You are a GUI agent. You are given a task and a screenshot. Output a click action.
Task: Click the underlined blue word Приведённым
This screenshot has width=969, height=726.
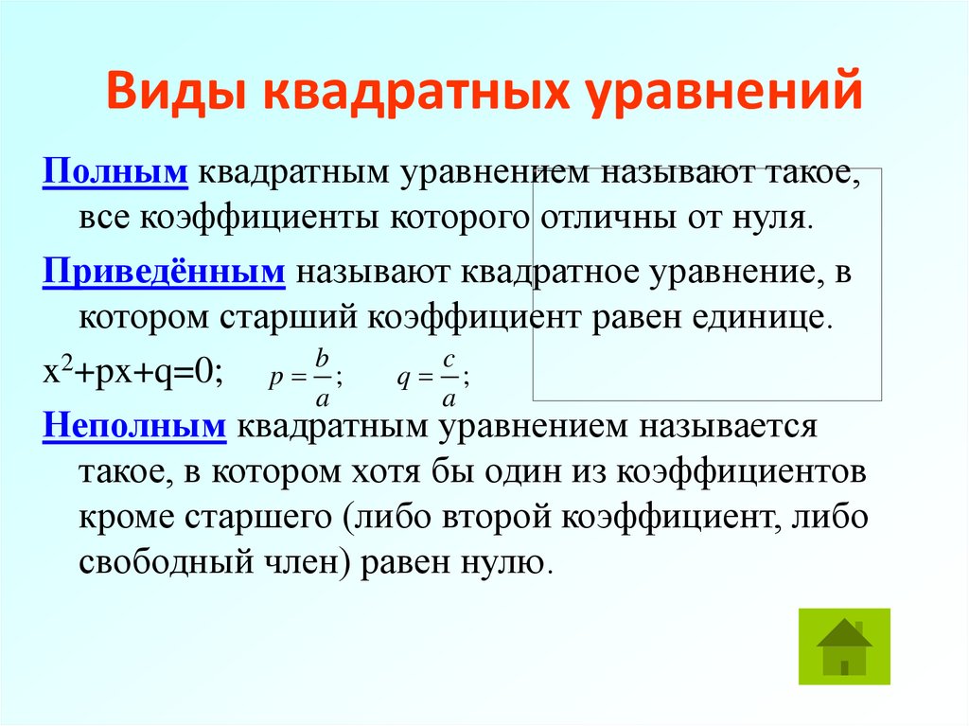164,273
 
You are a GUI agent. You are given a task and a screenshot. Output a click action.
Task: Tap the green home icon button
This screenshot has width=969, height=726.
844,646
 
